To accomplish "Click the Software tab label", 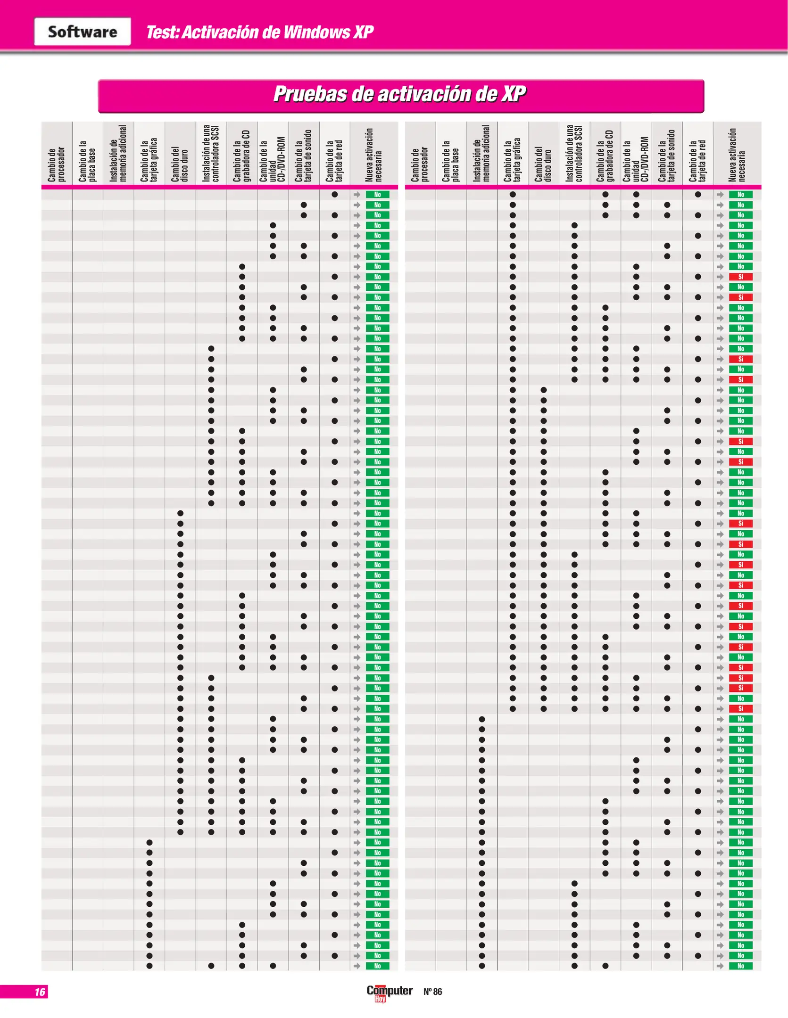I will (x=83, y=32).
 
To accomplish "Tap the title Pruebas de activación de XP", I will (x=400, y=94).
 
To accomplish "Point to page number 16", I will (x=40, y=992).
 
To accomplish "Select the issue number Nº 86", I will (x=432, y=992).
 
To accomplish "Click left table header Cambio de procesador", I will (x=56, y=164).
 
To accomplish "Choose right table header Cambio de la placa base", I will (x=450, y=161).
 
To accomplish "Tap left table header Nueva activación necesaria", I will (x=373, y=155).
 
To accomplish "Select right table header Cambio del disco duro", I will (x=543, y=164).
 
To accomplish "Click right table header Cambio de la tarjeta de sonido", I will (x=667, y=156).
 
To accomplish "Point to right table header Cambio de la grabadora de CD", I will (x=605, y=156).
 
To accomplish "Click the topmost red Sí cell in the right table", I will (x=740, y=277).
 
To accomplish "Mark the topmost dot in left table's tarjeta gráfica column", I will (x=149, y=842).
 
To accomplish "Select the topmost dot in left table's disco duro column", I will (x=180, y=513).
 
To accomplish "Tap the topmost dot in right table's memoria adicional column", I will (x=481, y=719).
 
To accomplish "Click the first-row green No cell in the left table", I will (x=377, y=195).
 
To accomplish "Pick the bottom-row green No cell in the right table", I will (x=740, y=966).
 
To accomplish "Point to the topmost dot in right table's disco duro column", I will (x=543, y=390).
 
